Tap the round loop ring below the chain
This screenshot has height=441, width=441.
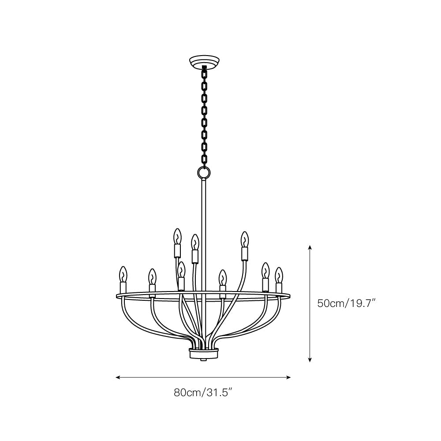point(204,172)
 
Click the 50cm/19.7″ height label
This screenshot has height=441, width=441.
point(346,303)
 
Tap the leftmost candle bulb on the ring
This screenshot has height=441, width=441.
point(123,274)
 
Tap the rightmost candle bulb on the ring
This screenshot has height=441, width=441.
point(278,275)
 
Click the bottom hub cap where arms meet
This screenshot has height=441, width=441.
point(204,353)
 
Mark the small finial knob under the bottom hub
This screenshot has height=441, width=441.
point(204,360)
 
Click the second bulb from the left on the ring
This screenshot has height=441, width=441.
point(152,277)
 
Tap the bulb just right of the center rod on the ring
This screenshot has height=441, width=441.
point(223,278)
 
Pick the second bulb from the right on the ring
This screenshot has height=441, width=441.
point(265,271)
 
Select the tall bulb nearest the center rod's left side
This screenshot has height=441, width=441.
point(194,242)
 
